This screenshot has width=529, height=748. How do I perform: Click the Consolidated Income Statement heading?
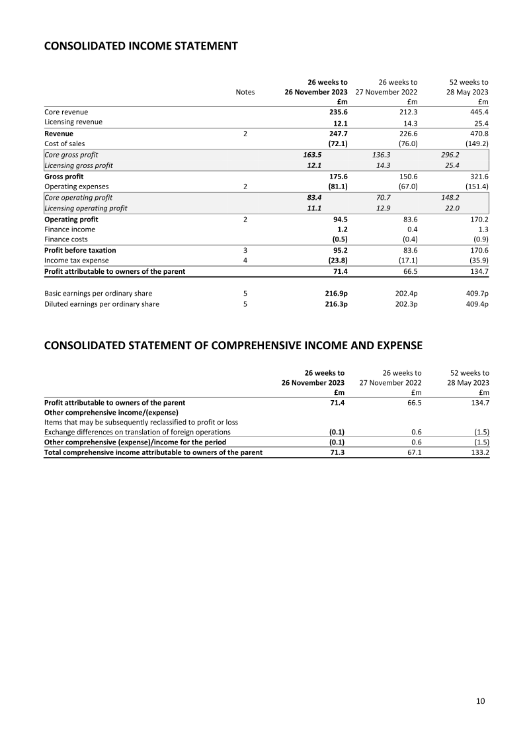(x=140, y=46)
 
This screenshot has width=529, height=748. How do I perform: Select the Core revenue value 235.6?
(x=338, y=112)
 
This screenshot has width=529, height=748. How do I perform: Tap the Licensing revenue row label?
(x=73, y=122)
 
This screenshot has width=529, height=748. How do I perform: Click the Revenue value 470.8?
(x=477, y=133)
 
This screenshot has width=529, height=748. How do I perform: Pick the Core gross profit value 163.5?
(x=311, y=154)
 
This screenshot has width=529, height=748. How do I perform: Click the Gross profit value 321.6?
(x=477, y=177)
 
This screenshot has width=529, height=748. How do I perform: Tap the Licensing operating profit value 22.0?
(x=452, y=208)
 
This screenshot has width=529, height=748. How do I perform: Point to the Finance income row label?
(x=69, y=229)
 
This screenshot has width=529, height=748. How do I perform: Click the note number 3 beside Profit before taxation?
(x=245, y=250)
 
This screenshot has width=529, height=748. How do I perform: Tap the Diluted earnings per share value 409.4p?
(x=475, y=304)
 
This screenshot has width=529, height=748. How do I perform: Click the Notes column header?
(x=245, y=93)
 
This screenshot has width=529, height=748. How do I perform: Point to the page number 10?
(x=480, y=701)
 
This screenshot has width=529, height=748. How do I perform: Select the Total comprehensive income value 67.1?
(x=413, y=452)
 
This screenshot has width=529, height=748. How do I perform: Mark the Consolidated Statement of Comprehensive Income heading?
(x=233, y=345)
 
